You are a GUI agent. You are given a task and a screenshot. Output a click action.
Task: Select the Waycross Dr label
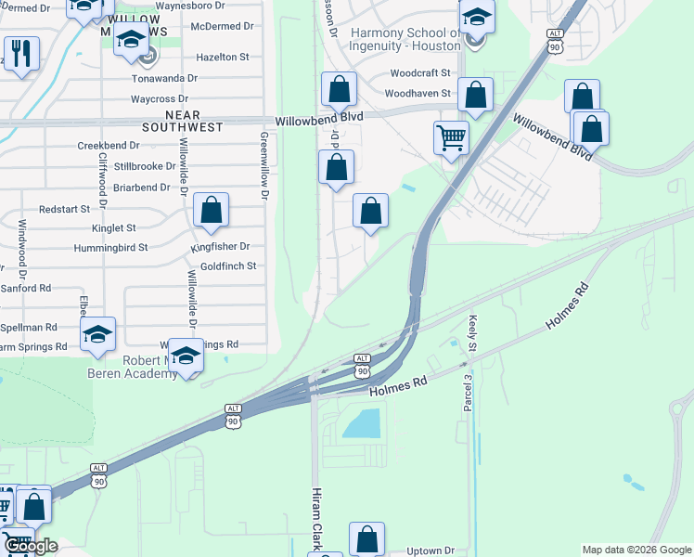click(x=160, y=98)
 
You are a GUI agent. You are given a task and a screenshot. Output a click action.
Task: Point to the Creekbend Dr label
click(x=108, y=146)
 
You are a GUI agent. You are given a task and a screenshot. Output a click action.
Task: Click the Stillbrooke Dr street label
click(x=145, y=166)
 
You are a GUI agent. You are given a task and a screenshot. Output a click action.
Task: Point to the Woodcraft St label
click(x=420, y=72)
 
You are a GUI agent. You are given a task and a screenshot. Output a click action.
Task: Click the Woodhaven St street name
click(x=418, y=94)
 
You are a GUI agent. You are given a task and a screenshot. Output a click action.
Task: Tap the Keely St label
click(x=471, y=333)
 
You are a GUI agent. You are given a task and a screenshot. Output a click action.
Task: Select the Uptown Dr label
click(x=431, y=551)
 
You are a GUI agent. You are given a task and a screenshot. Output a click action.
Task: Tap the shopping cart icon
click(x=451, y=137)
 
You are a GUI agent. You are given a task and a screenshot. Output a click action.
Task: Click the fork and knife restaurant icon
click(x=20, y=53)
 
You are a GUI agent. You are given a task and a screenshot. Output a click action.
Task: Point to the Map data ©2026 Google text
click(x=636, y=550)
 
